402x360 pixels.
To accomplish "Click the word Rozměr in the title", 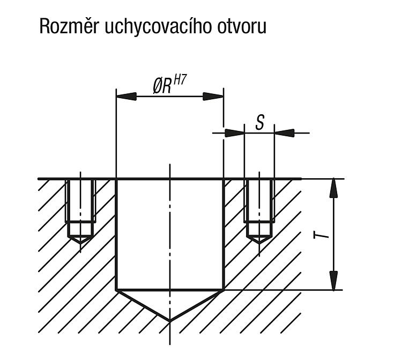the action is tap(69, 26).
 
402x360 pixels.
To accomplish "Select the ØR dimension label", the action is tap(162, 86).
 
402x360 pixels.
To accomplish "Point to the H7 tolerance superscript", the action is tap(180, 80).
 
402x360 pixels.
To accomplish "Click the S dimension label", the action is tap(259, 122).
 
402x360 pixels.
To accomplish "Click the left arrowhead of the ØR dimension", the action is tap(126, 97).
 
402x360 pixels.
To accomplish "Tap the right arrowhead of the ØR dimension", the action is tap(213, 97).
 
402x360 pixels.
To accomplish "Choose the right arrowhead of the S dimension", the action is tap(284, 133).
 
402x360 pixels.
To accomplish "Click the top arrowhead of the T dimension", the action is tap(333, 188).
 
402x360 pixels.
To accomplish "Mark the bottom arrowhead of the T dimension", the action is tap(333, 281).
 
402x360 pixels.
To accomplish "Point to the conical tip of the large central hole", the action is tap(170, 321).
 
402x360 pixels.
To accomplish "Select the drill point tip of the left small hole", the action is tap(80, 243).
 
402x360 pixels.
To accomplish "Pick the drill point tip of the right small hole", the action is tap(259, 243).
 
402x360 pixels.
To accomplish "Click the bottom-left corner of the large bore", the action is tap(116, 290).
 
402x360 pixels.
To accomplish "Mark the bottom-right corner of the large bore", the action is tap(224, 290).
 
